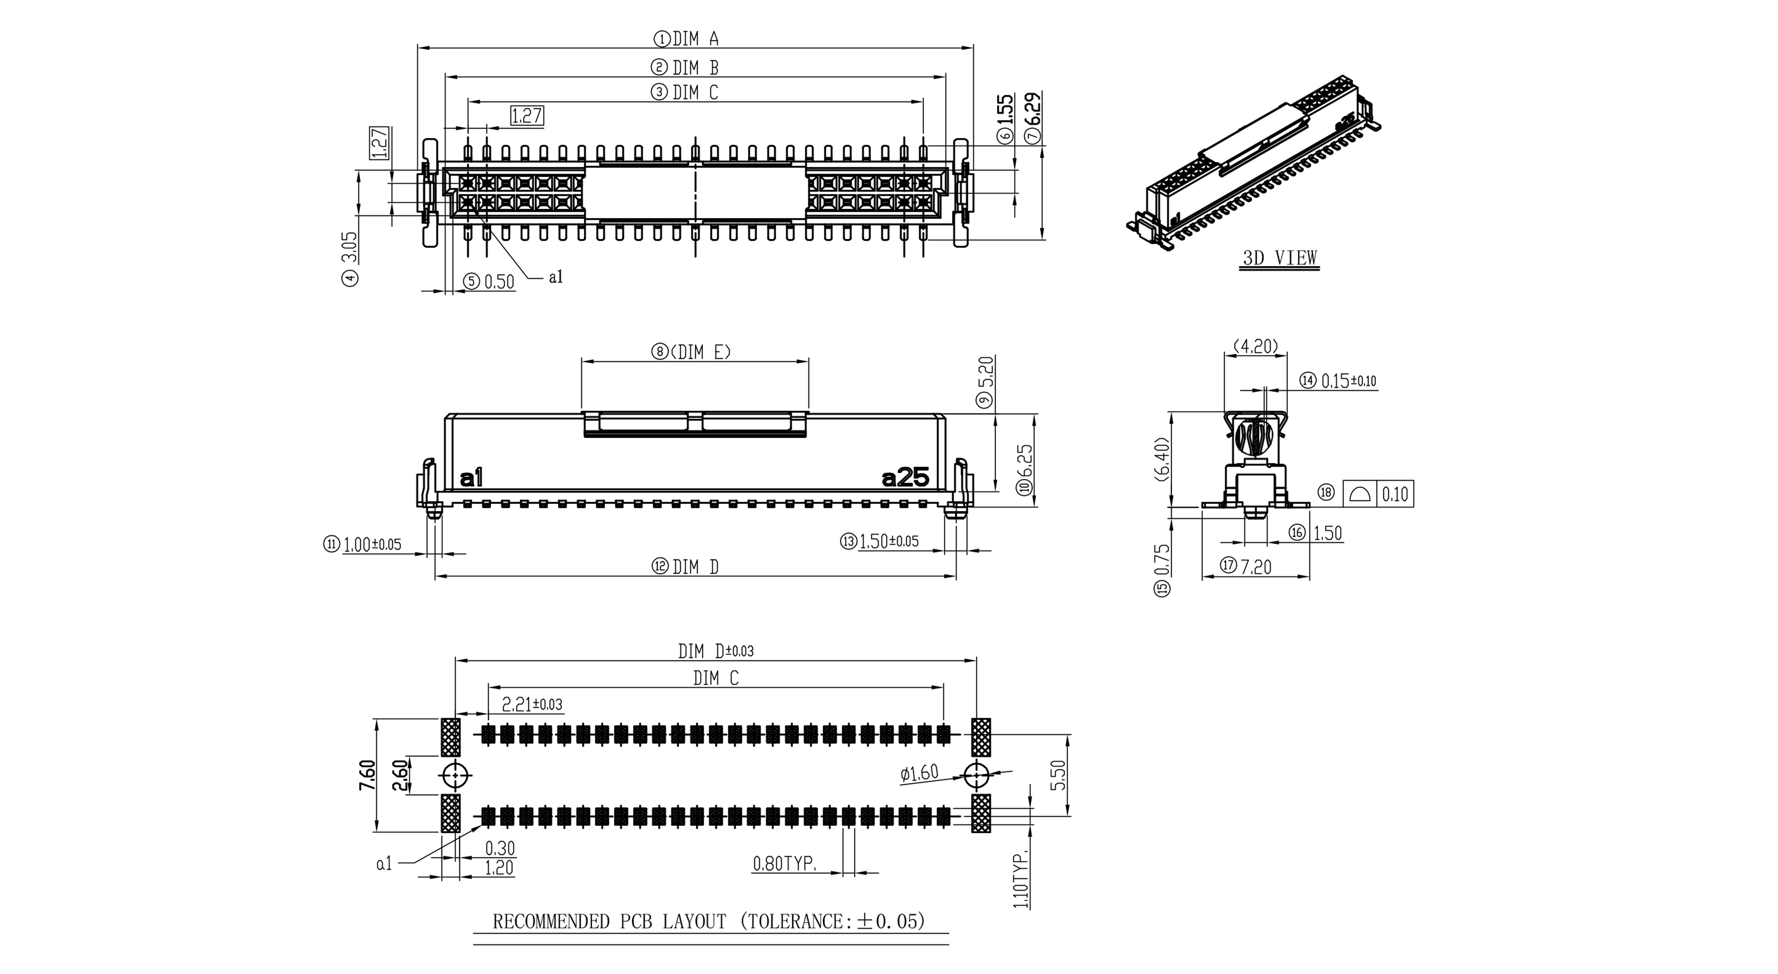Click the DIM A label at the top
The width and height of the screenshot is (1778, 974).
[x=696, y=39]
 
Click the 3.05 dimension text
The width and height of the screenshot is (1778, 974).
[x=350, y=247]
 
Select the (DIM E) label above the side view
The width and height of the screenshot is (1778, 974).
[x=701, y=352]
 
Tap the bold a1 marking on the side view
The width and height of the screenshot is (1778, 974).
[x=471, y=478]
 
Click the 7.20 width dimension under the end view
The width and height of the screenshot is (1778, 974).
[x=1255, y=567]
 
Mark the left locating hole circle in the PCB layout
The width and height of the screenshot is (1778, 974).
[x=455, y=776]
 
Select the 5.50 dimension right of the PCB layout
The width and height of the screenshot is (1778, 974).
[x=1061, y=774]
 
